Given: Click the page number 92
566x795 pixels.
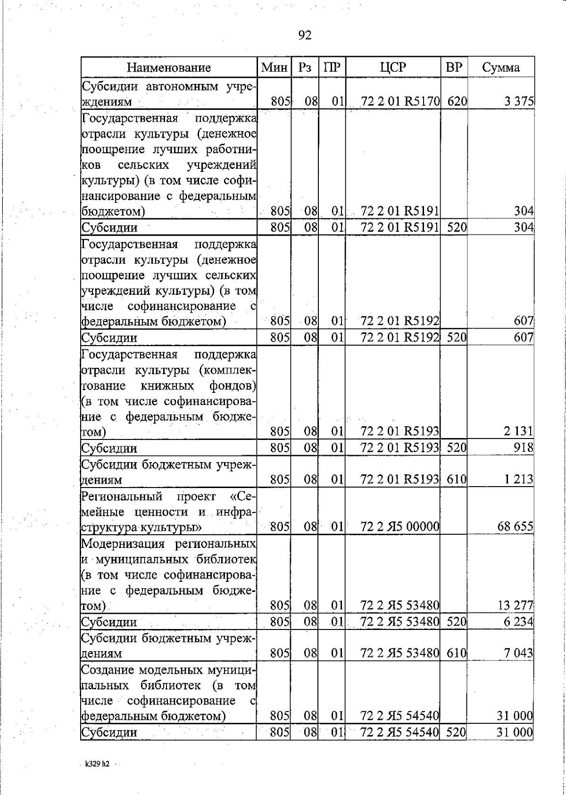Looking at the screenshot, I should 305,35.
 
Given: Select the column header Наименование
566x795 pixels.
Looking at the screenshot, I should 168,67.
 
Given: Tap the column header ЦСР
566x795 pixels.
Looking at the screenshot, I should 393,67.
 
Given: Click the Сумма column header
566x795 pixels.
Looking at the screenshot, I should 501,67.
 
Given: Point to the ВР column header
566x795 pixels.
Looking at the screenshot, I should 454,67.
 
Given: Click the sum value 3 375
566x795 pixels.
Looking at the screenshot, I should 520,101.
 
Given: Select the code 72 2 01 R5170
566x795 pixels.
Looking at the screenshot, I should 400,101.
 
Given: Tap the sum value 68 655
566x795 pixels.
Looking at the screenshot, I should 516,527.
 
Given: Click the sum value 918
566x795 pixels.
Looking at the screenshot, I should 524,447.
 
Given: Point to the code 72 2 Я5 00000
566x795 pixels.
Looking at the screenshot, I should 400,527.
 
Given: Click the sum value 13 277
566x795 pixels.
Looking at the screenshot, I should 516,605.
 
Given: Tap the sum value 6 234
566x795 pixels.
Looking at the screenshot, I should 518,622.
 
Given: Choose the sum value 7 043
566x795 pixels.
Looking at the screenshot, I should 518,654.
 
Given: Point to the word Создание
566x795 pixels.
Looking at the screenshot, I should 109,670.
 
